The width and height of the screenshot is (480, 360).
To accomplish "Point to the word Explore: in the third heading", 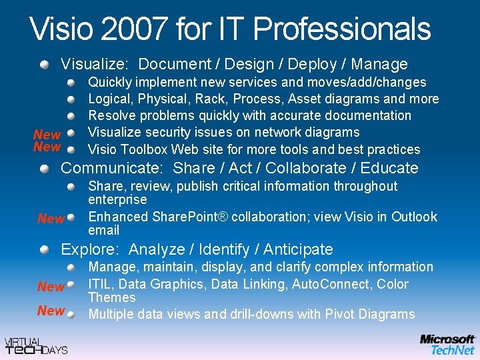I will (90, 249).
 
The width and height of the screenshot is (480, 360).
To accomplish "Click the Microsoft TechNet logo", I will (447, 344).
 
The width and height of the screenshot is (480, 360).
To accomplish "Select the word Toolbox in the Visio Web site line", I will (141, 149).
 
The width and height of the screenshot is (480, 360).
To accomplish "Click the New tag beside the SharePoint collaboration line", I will (51, 219).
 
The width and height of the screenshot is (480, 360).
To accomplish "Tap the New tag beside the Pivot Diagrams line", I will (51, 311).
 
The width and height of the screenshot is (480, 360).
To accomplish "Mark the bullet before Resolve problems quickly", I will (71, 116).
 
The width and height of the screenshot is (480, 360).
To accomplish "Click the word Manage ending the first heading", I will (379, 65).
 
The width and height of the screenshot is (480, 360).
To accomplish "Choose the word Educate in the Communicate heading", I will (389, 168).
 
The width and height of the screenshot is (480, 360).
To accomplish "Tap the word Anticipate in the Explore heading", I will (298, 249).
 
